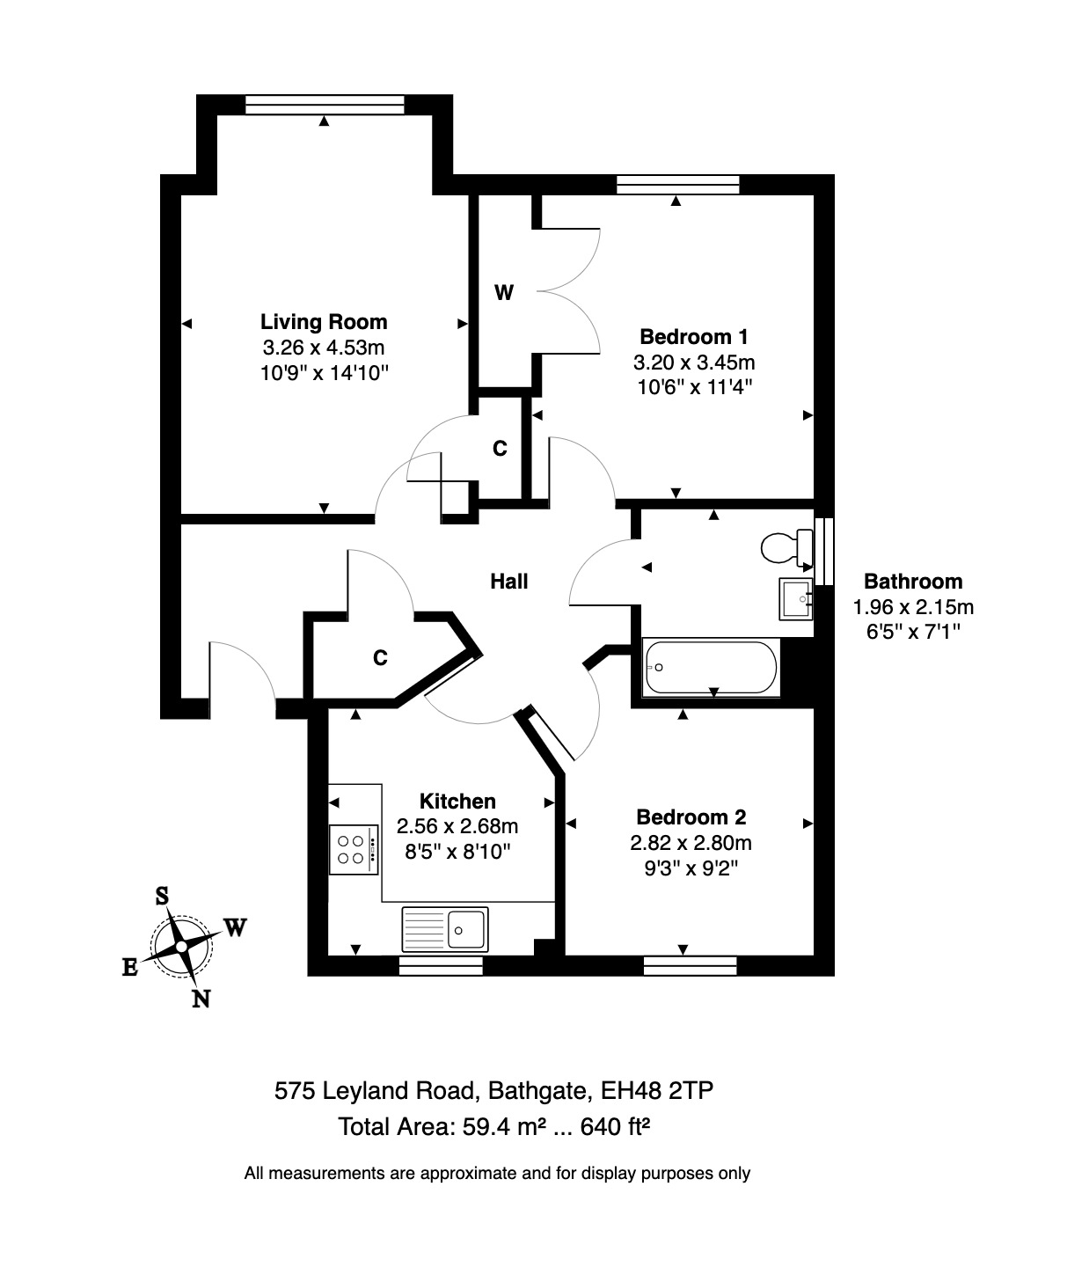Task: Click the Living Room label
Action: pos(324,321)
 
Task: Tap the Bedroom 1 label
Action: pos(693,336)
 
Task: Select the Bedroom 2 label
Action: pos(691,817)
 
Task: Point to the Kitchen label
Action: pos(457,802)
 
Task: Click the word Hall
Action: pos(508,582)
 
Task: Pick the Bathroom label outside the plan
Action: pos(913,582)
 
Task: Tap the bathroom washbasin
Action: pos(796,599)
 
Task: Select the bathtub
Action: pos(711,668)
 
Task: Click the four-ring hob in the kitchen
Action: pos(354,849)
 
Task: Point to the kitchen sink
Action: pos(445,929)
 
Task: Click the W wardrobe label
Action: pos(503,293)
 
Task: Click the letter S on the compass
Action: pos(162,897)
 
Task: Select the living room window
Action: pos(324,105)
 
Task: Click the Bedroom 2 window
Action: pos(690,966)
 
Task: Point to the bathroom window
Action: pos(823,551)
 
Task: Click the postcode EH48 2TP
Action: pos(656,1091)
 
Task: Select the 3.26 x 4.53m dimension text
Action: pos(324,348)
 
